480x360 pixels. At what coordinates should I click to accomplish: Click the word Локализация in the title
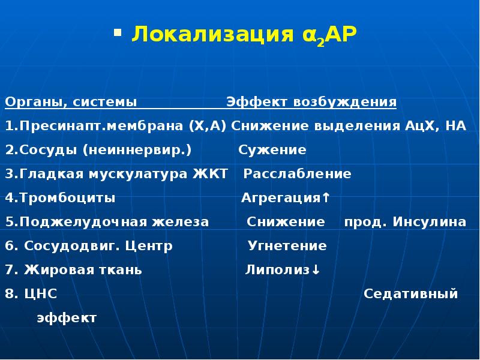click(209, 34)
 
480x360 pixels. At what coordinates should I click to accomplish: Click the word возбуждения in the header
click(344, 101)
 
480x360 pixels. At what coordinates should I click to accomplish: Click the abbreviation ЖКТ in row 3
click(211, 174)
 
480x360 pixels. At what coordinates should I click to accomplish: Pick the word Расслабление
click(298, 174)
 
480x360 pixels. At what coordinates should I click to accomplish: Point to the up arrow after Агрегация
click(326, 198)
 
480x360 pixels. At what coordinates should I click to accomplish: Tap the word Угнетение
click(287, 246)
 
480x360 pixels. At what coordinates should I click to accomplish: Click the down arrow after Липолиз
click(316, 270)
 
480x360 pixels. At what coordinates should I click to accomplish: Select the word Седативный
click(411, 294)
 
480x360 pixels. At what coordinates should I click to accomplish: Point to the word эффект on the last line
click(66, 318)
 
